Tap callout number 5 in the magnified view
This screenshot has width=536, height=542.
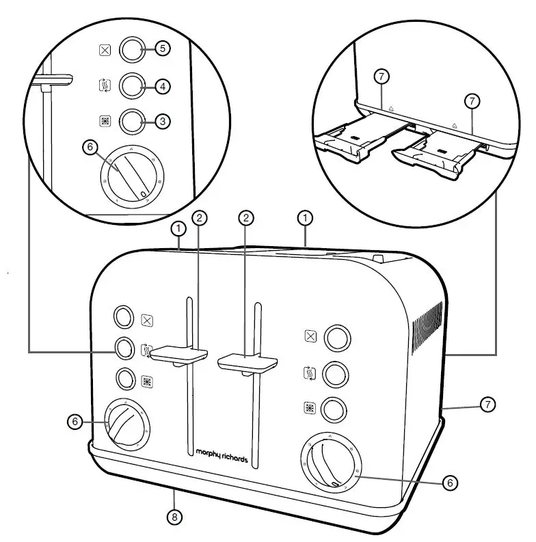(162, 49)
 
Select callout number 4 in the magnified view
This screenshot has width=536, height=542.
(162, 86)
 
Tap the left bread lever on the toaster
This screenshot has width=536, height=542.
(179, 354)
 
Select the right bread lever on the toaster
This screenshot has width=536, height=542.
(247, 362)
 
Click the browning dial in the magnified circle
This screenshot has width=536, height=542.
(131, 176)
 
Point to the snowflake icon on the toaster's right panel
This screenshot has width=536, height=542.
(310, 409)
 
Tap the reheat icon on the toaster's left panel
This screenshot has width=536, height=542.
(146, 351)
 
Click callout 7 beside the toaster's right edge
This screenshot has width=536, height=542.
(486, 405)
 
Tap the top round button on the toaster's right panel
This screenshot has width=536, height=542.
(336, 336)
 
